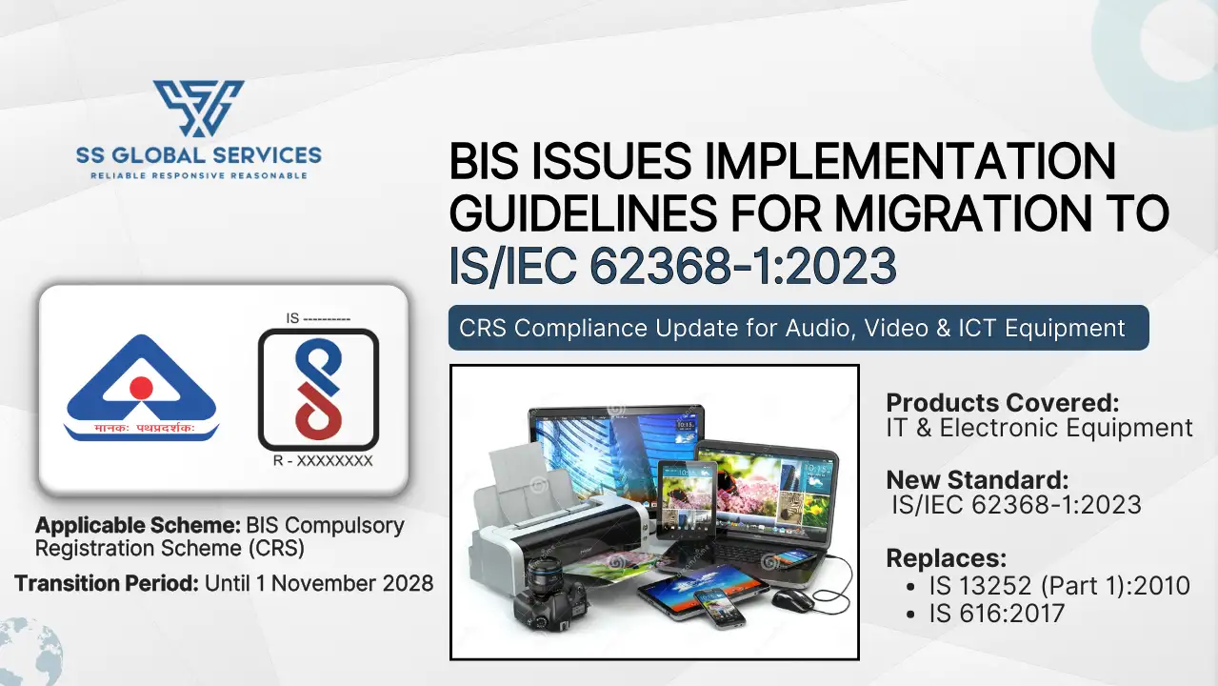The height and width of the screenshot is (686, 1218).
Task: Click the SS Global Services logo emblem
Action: point(198,107)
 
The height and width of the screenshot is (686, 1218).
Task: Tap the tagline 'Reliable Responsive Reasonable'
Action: point(198,176)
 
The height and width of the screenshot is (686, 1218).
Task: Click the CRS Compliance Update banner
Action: point(798,329)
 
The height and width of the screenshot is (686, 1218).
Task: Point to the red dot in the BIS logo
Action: point(141,387)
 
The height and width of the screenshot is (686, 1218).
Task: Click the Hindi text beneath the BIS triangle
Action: point(142,430)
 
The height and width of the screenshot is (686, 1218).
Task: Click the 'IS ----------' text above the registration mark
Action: point(318,318)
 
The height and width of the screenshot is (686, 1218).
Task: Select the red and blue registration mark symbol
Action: point(318,390)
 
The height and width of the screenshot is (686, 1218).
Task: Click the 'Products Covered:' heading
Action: point(1003,402)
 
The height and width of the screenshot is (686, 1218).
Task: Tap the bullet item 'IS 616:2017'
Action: point(996,614)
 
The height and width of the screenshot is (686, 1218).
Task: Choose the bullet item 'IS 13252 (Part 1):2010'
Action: point(1059,585)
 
